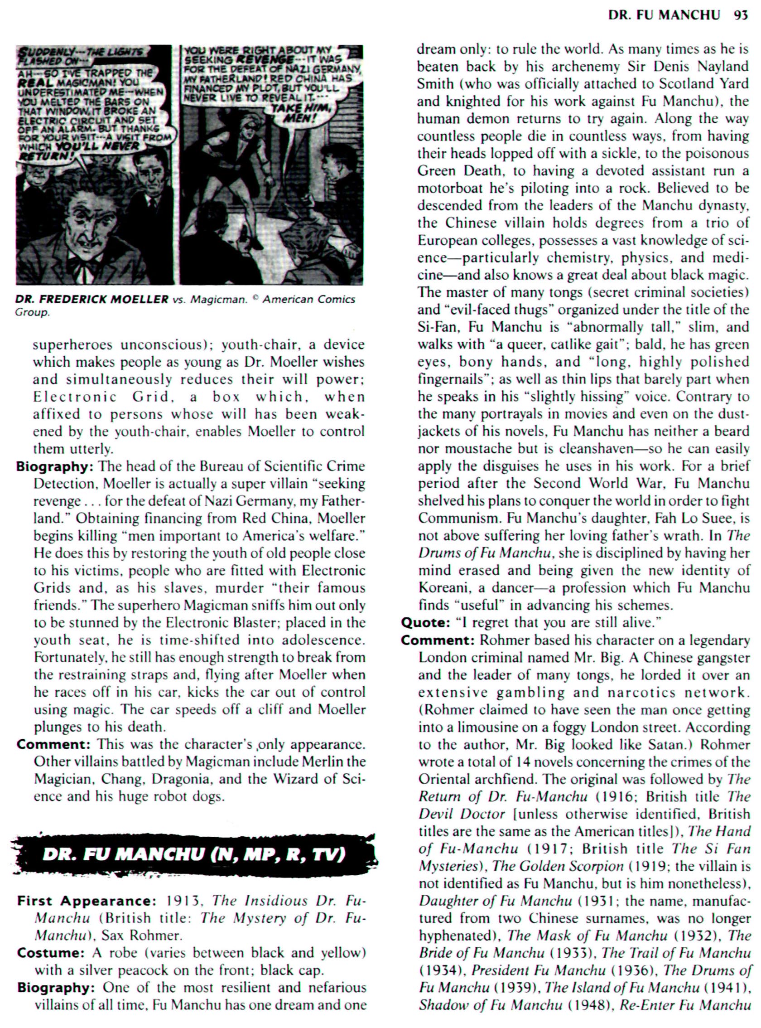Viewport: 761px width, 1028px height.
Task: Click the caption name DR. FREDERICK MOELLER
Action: (92, 299)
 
